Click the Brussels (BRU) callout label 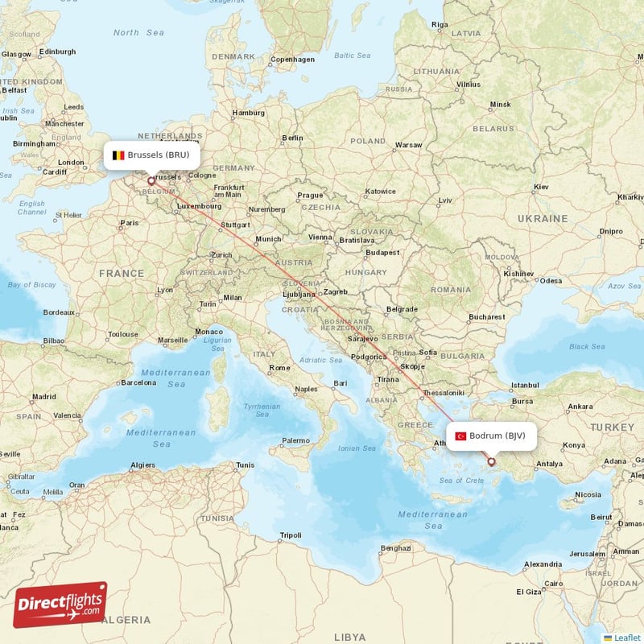click(x=151, y=155)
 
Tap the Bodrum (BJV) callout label click(x=491, y=436)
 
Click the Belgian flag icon click(x=118, y=155)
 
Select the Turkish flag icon click(x=461, y=436)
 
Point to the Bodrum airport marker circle click(x=491, y=462)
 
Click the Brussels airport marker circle click(x=151, y=181)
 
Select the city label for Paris click(x=129, y=223)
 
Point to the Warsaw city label click(x=408, y=145)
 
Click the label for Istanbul click(x=524, y=386)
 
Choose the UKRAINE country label click(x=543, y=218)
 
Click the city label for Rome click(x=279, y=368)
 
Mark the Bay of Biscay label click(x=31, y=285)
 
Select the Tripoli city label click(x=290, y=535)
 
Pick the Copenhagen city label click(x=292, y=59)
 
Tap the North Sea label click(x=138, y=33)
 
